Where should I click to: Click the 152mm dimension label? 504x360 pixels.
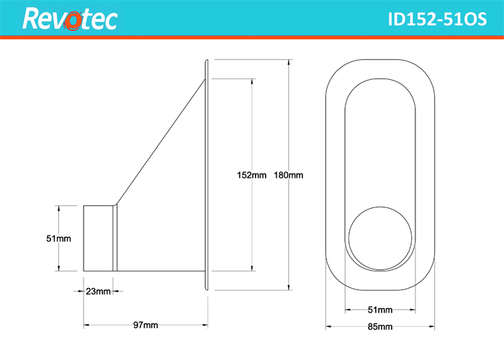pyautogui.click(x=251, y=175)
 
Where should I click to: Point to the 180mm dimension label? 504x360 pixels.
pyautogui.click(x=288, y=175)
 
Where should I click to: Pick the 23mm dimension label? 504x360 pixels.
pyautogui.click(x=99, y=292)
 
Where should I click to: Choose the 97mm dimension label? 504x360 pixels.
pyautogui.click(x=145, y=325)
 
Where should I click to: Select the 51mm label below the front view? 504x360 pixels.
pyautogui.click(x=380, y=310)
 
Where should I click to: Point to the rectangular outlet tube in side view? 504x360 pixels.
pyautogui.click(x=99, y=238)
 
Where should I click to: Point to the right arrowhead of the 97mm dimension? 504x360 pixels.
pyautogui.click(x=204, y=325)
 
